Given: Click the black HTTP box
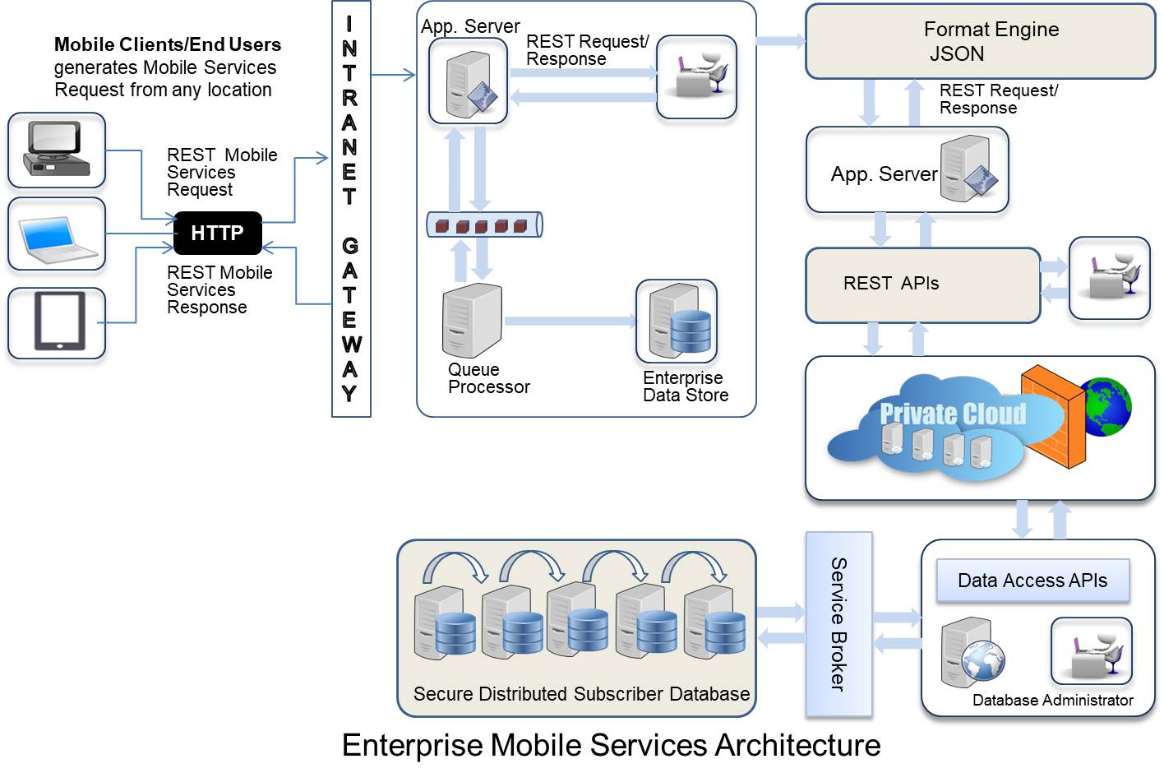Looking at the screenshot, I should [x=218, y=234].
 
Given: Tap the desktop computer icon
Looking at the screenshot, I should [x=57, y=150].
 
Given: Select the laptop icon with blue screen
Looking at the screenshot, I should [x=57, y=234].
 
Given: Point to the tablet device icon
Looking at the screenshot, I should [x=58, y=322].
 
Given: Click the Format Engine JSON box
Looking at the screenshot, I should [x=980, y=42].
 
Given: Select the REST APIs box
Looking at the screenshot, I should [x=922, y=285].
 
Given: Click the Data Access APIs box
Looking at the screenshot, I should [x=1032, y=581].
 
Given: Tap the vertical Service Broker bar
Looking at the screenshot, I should [x=838, y=624].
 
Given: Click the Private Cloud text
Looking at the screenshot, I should [x=953, y=414].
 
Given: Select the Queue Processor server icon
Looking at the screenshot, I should [x=472, y=321].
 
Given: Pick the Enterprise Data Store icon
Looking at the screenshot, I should [x=677, y=322].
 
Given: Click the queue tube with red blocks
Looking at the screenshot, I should [x=484, y=224].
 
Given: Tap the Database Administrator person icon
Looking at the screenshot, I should [x=1092, y=651].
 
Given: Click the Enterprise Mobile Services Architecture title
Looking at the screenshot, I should [x=611, y=745].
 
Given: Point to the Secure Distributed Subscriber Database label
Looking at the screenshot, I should [x=581, y=694].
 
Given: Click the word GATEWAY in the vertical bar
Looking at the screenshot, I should [x=351, y=319].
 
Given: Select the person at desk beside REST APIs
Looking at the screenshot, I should [x=1109, y=278].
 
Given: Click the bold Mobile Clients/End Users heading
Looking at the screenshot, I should [x=168, y=44].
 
